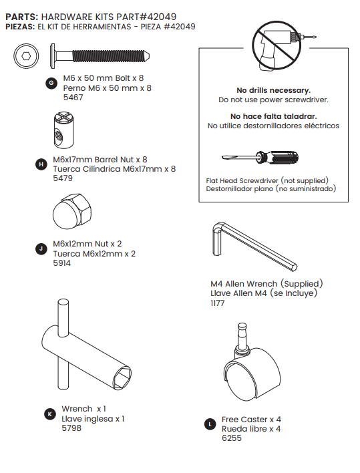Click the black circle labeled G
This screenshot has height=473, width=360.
[51, 83]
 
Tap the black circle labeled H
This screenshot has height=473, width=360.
[41, 164]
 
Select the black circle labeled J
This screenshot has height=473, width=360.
[41, 249]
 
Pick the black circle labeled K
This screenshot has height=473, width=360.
[49, 414]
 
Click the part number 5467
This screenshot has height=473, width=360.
[73, 98]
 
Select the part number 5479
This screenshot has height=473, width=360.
[64, 178]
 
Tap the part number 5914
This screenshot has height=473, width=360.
[64, 263]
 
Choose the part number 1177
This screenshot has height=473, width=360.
[218, 303]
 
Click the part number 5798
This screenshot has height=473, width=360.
[71, 428]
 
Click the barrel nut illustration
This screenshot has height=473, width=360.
[65, 132]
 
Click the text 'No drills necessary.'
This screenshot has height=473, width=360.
[273, 90]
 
